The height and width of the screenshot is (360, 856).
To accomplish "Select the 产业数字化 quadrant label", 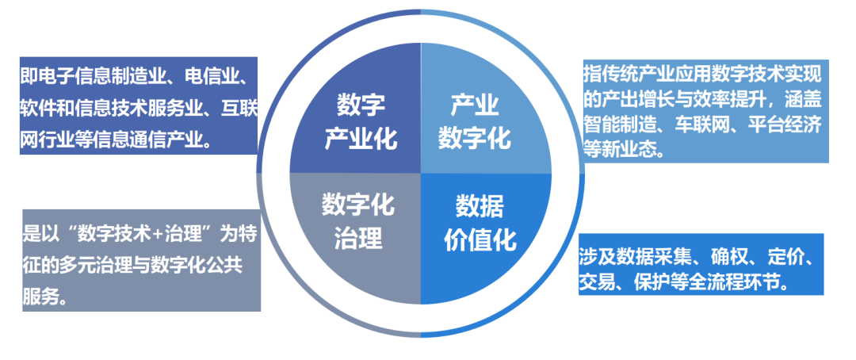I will point(475,121).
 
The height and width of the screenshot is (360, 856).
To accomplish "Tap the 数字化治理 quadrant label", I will point(357,221).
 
